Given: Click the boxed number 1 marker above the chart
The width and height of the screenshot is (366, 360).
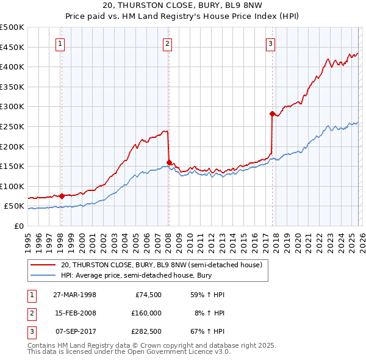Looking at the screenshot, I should (x=61, y=43).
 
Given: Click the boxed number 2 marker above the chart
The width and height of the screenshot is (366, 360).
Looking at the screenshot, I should (x=167, y=43).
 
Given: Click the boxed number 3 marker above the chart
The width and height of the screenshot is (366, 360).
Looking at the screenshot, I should (x=270, y=43).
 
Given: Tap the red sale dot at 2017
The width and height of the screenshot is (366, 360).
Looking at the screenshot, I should (x=271, y=113).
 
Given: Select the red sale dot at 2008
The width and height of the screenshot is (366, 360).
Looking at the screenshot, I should (x=169, y=162).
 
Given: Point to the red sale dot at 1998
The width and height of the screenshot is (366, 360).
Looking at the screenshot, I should (x=62, y=196).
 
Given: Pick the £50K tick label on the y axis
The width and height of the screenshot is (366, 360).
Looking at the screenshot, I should (x=14, y=206).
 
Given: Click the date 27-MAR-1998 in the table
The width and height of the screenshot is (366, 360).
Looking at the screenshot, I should (x=74, y=295).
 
